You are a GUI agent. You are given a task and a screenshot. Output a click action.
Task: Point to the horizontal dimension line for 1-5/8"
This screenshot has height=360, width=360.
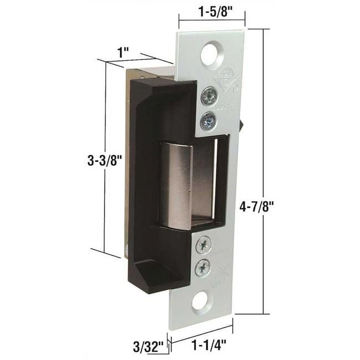212,20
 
